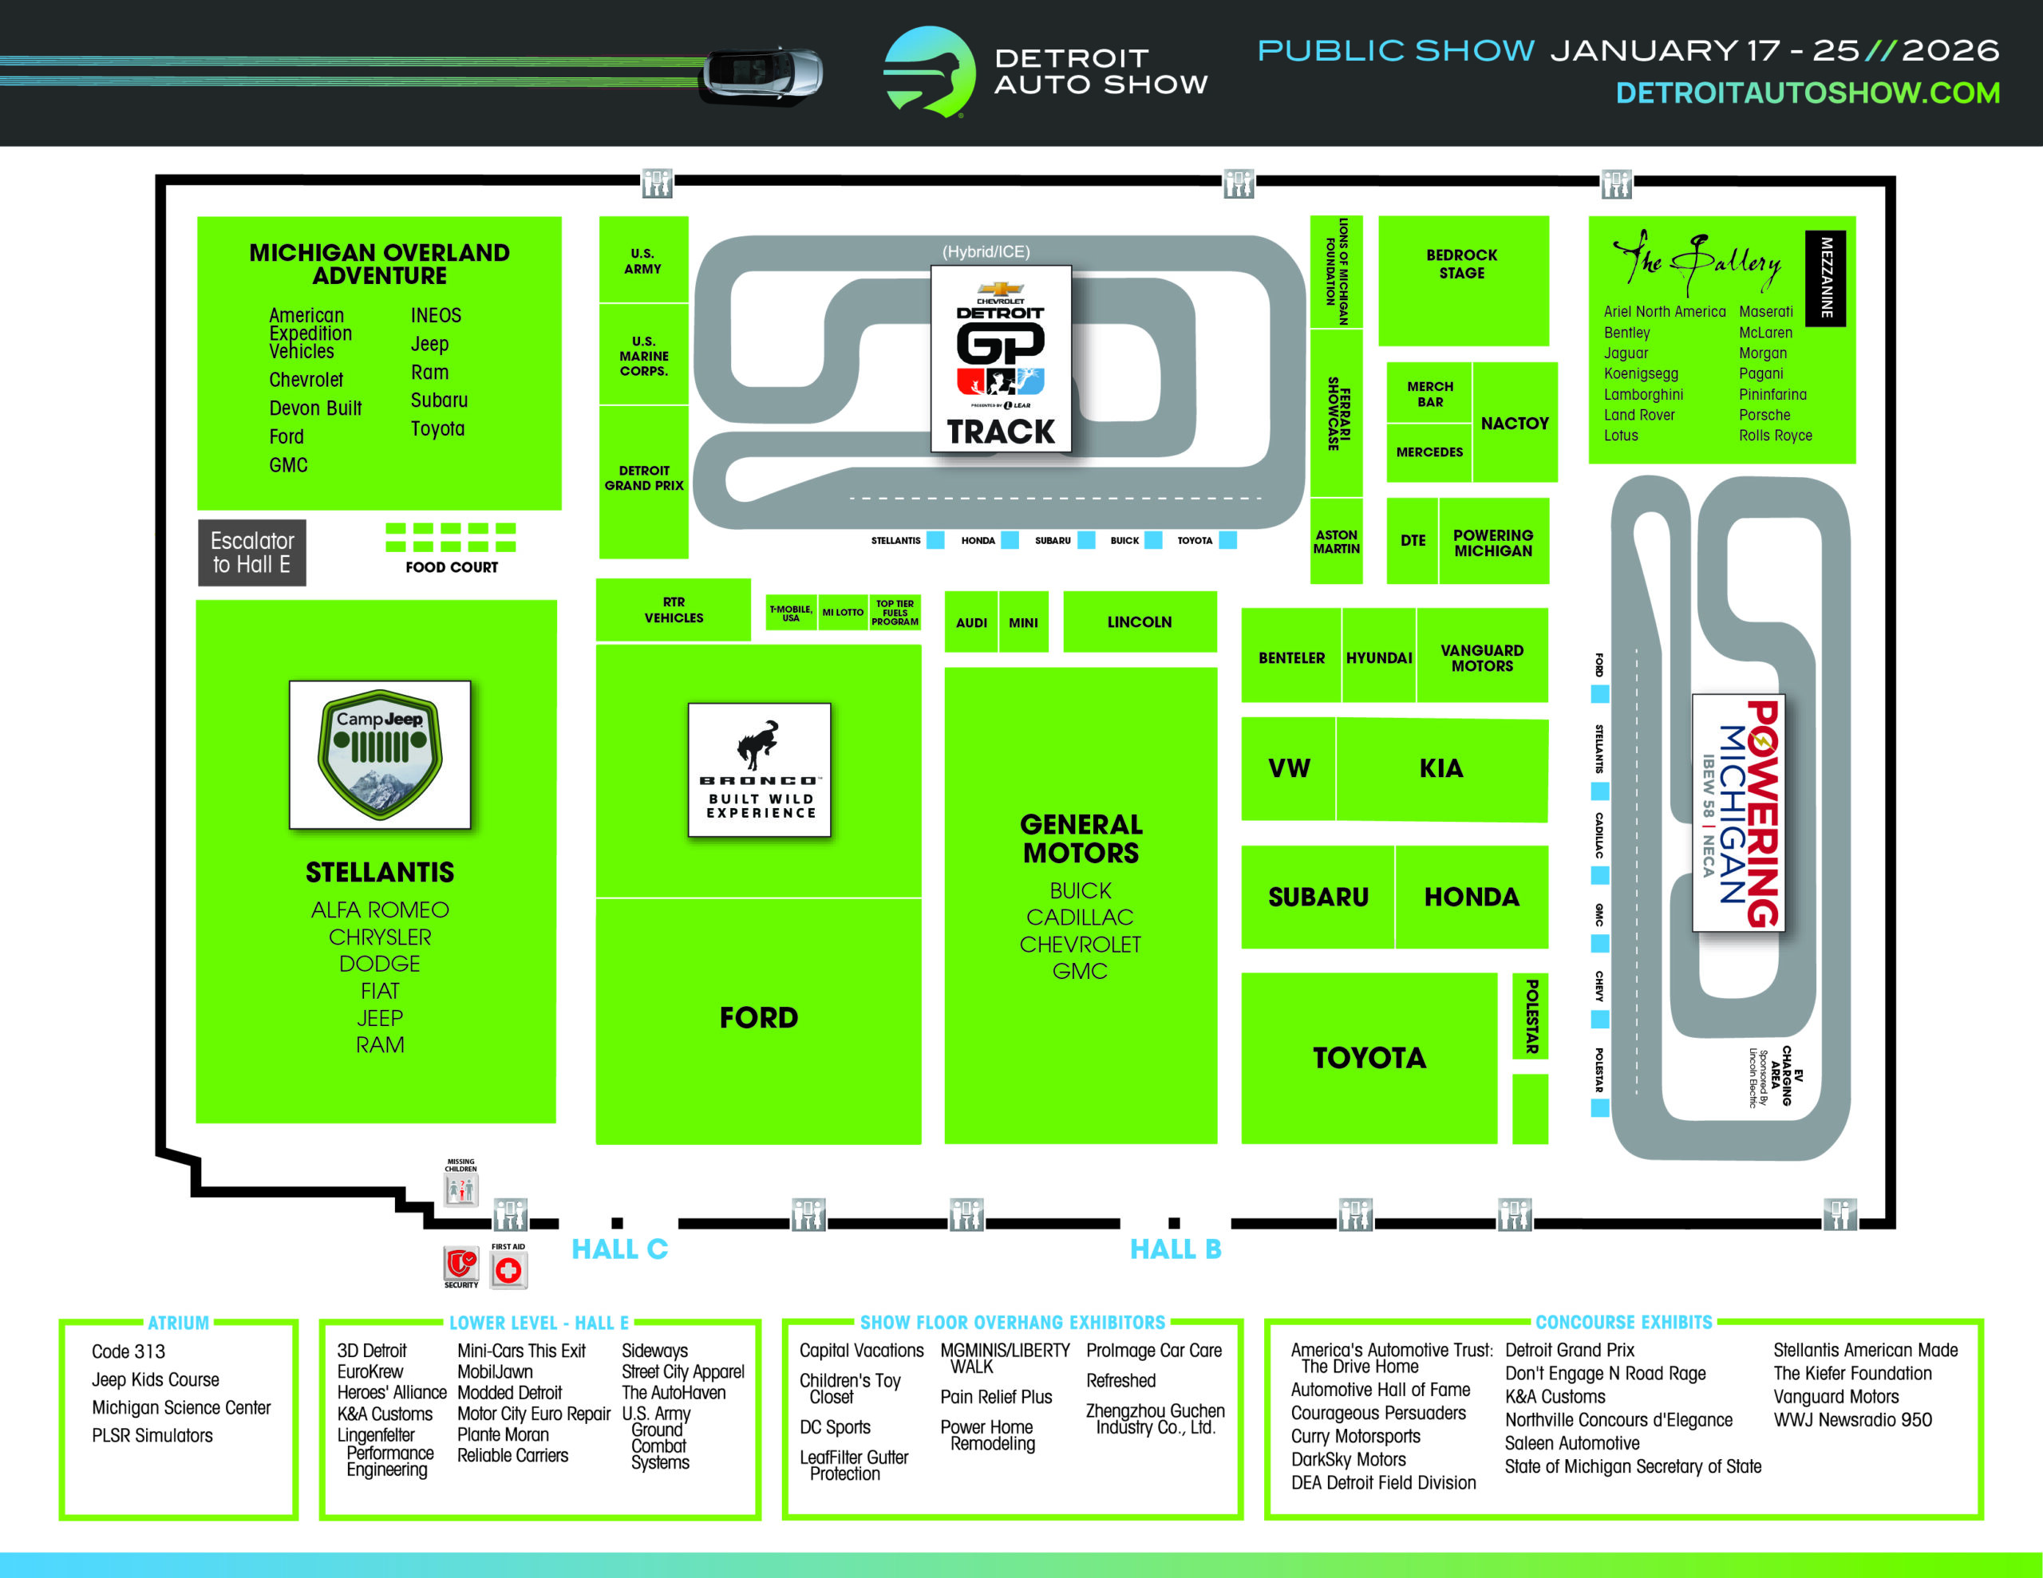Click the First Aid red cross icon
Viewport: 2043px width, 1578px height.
pos(508,1269)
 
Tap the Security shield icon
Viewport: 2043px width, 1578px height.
pos(460,1264)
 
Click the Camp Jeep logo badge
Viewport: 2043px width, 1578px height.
pos(380,754)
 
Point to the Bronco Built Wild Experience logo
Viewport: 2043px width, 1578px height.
pos(759,769)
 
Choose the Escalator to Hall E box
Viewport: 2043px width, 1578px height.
pos(251,553)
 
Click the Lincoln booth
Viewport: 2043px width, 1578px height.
pos(1140,622)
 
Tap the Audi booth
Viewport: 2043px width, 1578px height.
pos(971,622)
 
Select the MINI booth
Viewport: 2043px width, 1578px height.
pos(1022,622)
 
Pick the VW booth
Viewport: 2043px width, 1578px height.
pos(1288,768)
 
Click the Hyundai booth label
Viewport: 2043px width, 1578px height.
pos(1379,657)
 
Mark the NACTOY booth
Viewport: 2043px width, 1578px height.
pos(1515,423)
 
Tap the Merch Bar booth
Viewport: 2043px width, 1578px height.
pos(1429,394)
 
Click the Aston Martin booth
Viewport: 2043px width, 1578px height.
pos(1336,542)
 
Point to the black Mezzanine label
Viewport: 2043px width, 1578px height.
pos(1825,278)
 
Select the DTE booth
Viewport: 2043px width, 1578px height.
pos(1413,541)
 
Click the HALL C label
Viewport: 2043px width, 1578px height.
pos(619,1249)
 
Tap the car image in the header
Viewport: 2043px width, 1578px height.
pos(763,73)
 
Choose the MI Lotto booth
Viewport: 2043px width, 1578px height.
pos(843,613)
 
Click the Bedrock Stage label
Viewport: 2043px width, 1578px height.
pos(1461,264)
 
